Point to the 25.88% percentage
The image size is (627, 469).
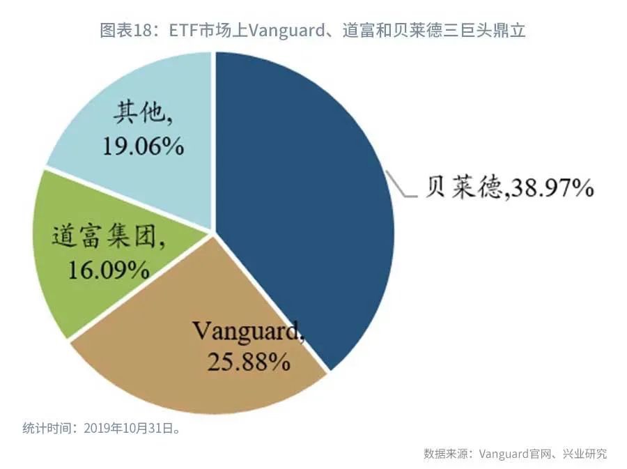pyautogui.click(x=248, y=361)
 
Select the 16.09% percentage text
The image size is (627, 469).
pyautogui.click(x=108, y=269)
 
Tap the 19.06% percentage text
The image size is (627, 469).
pyautogui.click(x=144, y=146)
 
